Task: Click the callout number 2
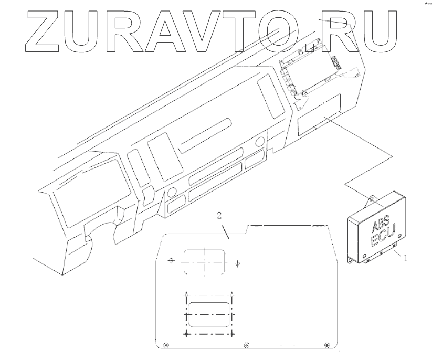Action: [x=220, y=215]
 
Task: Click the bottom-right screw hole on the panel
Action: [x=328, y=345]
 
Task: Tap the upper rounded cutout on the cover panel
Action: [x=204, y=260]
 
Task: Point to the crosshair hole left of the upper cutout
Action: [x=170, y=261]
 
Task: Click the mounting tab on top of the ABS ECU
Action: [x=370, y=199]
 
